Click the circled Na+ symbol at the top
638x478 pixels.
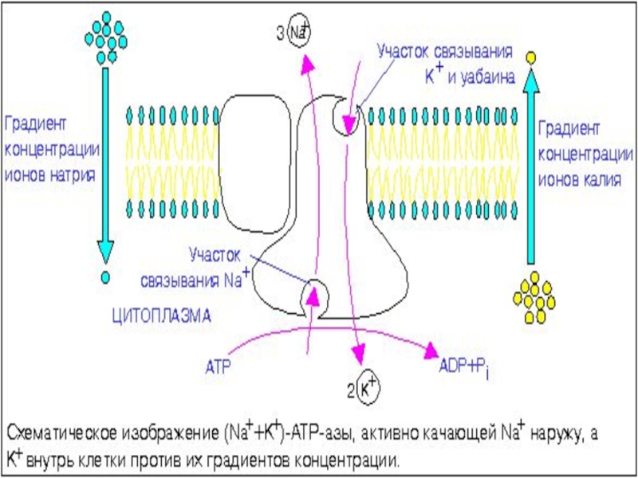pyautogui.click(x=300, y=33)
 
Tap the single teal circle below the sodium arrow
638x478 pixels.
pyautogui.click(x=104, y=278)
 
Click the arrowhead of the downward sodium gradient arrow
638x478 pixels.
pyautogui.click(x=104, y=253)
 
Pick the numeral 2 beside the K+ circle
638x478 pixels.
pyautogui.click(x=350, y=390)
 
